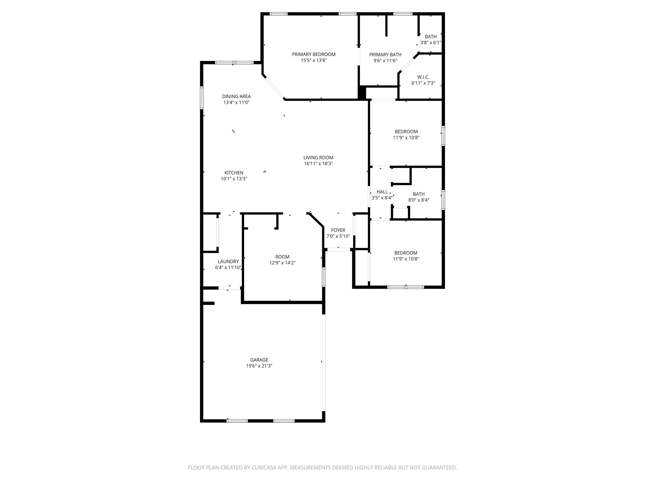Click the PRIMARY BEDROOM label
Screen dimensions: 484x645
coord(313,54)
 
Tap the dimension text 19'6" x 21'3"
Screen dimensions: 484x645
coord(259,366)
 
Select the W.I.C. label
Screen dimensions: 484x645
coord(423,77)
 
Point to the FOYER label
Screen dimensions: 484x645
coord(338,230)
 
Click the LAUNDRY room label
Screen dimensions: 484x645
coord(228,261)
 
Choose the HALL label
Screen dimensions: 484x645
coord(382,192)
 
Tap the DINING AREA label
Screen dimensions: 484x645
coord(236,96)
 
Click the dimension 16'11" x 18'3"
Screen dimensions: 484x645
coord(318,164)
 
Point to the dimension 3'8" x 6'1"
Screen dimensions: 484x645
coord(430,43)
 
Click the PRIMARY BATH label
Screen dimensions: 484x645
coord(385,55)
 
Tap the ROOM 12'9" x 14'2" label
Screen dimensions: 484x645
coord(282,257)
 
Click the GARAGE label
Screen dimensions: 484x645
coord(259,360)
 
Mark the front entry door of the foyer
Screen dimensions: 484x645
coord(338,250)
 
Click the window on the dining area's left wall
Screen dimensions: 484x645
coord(201,98)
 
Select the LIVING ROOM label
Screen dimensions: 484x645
coord(318,157)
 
